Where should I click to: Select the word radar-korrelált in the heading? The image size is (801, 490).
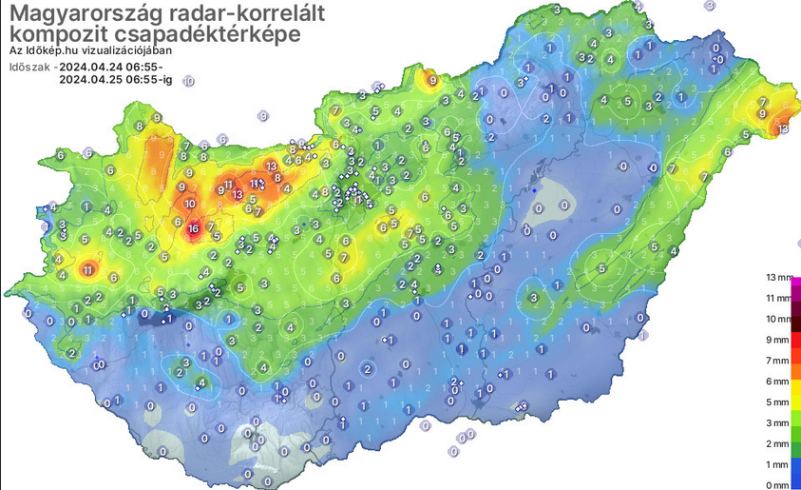pyautogui.click(x=231, y=14)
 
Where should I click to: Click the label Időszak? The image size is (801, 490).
pyautogui.click(x=29, y=68)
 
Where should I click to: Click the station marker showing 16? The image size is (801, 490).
pyautogui.click(x=193, y=228)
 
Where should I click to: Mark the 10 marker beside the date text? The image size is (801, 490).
pyautogui.click(x=188, y=82)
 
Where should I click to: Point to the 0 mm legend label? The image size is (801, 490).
pyautogui.click(x=777, y=485)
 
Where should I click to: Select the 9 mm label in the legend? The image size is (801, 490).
pyautogui.click(x=777, y=340)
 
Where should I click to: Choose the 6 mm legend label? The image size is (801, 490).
pyautogui.click(x=777, y=381)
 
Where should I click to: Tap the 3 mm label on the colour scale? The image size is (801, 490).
pyautogui.click(x=777, y=422)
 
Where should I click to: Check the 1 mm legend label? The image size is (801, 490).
pyautogui.click(x=777, y=464)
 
